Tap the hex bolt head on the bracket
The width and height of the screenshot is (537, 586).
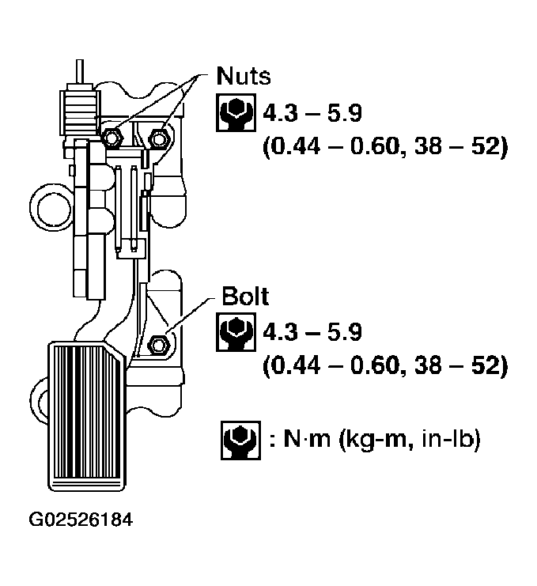157,344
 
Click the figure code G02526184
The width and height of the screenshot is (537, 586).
81,520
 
